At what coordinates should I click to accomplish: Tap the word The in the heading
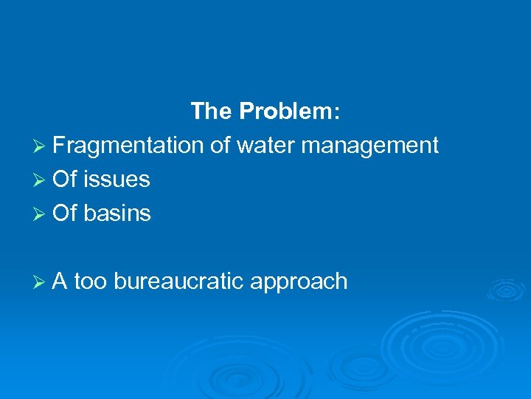click(x=211, y=112)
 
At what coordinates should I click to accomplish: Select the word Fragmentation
click(x=128, y=146)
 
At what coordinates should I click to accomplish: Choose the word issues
click(x=117, y=180)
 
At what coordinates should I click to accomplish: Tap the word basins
click(x=117, y=214)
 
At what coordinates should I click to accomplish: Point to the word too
click(x=90, y=282)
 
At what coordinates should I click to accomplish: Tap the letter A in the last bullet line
click(x=60, y=282)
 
